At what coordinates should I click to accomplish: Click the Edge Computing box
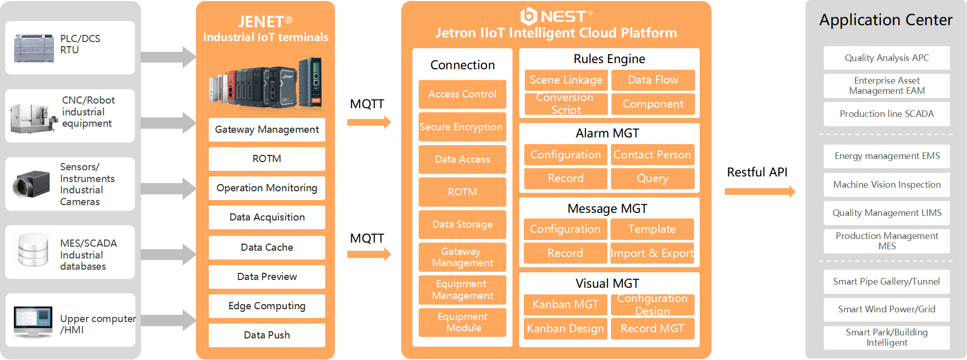267,306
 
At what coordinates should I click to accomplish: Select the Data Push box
267,335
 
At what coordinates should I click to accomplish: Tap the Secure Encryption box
462,127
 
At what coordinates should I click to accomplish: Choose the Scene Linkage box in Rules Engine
566,80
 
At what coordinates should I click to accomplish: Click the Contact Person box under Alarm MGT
652,155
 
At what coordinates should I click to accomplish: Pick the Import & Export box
652,253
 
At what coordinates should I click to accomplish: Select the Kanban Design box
565,329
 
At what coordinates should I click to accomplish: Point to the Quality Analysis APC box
886,58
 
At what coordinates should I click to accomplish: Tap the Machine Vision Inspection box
886,185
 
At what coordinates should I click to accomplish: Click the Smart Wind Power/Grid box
886,309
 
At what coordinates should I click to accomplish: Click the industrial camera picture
32,184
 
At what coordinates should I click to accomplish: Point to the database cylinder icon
33,250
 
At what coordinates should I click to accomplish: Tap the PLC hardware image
34,48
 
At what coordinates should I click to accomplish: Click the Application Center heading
885,20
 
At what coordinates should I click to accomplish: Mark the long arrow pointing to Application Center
760,192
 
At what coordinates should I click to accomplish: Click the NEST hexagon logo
528,16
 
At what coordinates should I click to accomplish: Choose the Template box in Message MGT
652,229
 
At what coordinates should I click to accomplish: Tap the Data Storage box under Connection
462,225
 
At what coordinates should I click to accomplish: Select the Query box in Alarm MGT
652,178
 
